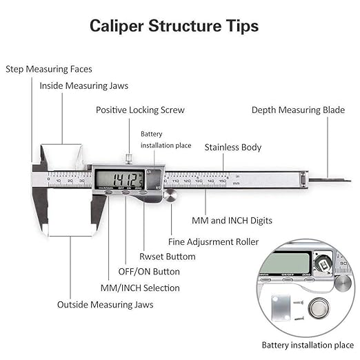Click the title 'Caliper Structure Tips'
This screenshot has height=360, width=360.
click(x=174, y=26)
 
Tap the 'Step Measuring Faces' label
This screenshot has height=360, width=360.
click(x=49, y=69)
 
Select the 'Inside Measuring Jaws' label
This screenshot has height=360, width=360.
click(x=83, y=86)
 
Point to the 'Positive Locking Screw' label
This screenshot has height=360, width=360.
click(x=140, y=110)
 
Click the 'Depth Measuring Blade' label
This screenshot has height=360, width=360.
click(x=298, y=110)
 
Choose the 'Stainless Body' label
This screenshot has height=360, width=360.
click(x=233, y=147)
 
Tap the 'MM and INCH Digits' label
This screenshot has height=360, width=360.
click(x=232, y=221)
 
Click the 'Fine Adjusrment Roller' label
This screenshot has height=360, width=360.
click(x=214, y=242)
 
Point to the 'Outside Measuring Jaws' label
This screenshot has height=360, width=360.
click(x=106, y=304)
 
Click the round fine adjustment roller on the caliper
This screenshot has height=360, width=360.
click(x=170, y=197)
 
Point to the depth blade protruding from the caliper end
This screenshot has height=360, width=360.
click(x=328, y=180)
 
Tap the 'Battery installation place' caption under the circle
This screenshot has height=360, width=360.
click(x=307, y=344)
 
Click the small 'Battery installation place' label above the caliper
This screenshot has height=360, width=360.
click(x=166, y=139)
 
